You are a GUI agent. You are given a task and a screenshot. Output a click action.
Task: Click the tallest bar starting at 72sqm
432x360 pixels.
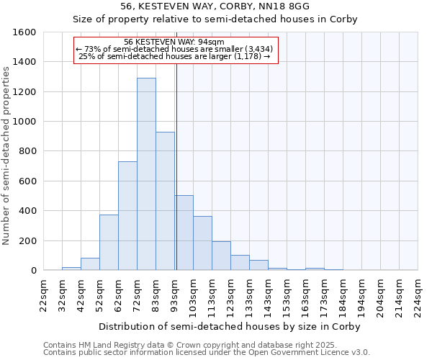coord(146,174)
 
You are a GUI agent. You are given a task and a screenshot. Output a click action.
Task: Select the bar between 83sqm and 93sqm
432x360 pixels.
coord(165,201)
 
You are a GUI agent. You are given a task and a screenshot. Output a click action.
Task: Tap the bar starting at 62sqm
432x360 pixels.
coord(127,216)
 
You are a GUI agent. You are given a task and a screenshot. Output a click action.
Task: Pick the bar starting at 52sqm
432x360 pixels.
coord(109,243)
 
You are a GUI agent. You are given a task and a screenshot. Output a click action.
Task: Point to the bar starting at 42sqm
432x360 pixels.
coord(90,264)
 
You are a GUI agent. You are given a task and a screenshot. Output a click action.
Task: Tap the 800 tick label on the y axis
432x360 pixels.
coord(27,151)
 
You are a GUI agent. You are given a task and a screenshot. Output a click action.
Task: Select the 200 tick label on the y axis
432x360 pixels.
coord(27,240)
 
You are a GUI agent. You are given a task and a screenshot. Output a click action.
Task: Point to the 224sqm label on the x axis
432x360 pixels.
coord(418,296)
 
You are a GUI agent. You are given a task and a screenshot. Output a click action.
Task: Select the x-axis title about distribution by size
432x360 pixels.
coord(230,326)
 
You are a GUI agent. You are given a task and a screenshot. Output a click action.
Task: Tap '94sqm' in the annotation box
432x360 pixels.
coord(216,42)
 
